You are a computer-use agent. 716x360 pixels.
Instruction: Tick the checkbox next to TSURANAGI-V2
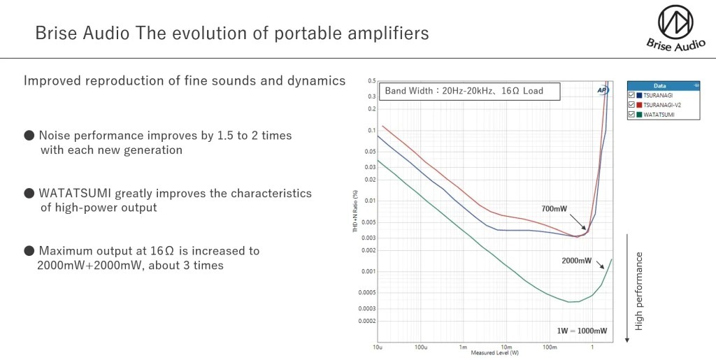[632, 104]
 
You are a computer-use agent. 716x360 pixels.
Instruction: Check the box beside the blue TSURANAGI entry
[632, 94]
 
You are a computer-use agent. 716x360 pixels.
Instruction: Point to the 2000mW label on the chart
[576, 261]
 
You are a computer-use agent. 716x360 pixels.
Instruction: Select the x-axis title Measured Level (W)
[494, 353]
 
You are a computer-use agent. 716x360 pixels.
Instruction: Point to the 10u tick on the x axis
[378, 347]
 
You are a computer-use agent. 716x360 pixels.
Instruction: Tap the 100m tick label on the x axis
[550, 347]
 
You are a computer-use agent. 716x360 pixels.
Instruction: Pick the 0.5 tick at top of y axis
[372, 81]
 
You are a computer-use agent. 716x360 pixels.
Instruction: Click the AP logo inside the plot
[602, 90]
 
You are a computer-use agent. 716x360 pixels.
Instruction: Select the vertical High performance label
[638, 291]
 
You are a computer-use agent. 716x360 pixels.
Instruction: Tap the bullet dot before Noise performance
[29, 136]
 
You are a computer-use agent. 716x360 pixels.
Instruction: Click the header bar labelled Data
[664, 85]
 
